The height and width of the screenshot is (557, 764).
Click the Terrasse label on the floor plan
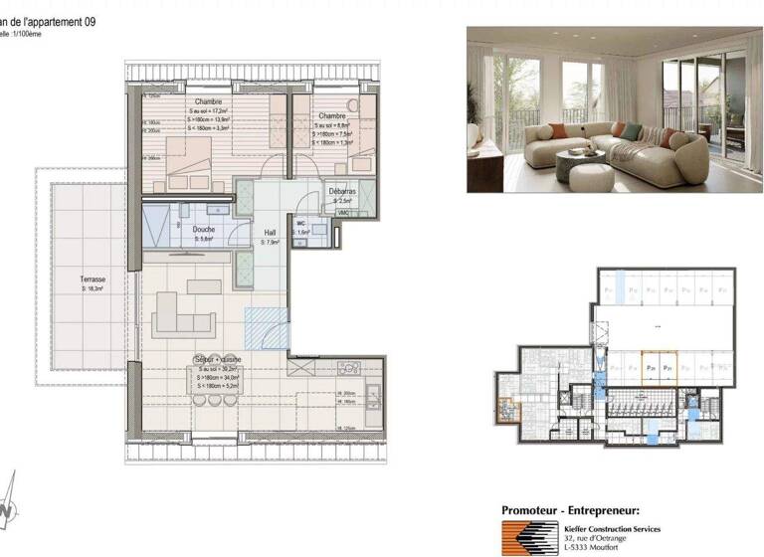[93, 279]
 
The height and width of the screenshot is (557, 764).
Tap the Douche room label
[203, 230]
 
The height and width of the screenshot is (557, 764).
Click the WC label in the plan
[300, 223]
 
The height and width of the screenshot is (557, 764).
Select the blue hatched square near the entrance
[266, 327]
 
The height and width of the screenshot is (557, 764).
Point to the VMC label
[343, 213]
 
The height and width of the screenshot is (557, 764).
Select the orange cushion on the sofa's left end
[559, 130]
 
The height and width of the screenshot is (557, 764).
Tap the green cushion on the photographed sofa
[618, 128]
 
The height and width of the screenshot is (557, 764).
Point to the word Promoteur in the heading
[538, 509]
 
